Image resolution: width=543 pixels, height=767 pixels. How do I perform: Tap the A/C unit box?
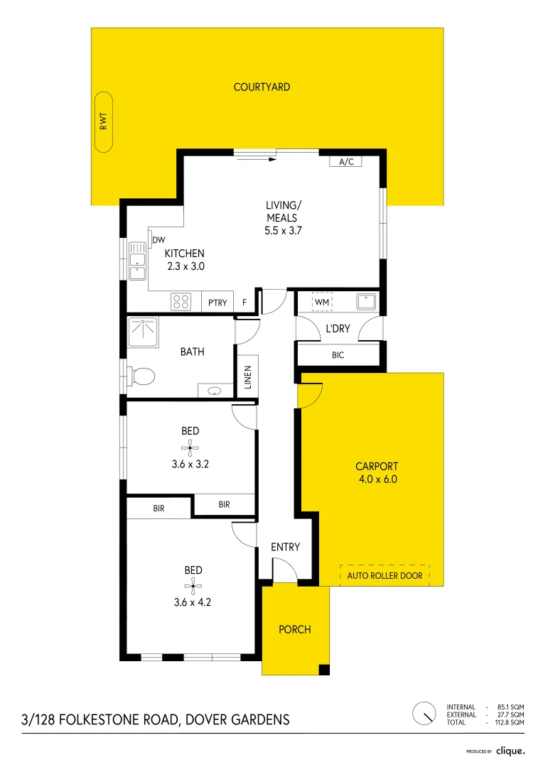[x=346, y=162]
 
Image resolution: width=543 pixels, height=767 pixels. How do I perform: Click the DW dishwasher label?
[x=158, y=240]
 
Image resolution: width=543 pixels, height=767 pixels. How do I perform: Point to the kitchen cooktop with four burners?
[x=181, y=302]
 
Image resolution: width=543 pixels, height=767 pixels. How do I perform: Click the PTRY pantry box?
[x=217, y=303]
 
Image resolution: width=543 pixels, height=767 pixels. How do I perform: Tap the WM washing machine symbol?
[x=323, y=303]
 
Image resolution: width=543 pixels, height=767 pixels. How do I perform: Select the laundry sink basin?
[x=366, y=302]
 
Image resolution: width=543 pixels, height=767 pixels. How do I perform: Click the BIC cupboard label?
[x=338, y=354]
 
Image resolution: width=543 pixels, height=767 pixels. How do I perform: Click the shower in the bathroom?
[x=144, y=331]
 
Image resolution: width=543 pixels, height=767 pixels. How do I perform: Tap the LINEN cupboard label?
[x=247, y=378]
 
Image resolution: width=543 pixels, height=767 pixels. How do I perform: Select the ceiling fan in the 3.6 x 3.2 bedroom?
[x=190, y=447]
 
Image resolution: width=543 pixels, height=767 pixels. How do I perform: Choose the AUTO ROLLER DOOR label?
[x=385, y=575]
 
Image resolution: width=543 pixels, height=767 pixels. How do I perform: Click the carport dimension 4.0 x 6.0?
[x=377, y=479]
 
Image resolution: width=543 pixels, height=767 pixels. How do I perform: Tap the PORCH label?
[x=294, y=629]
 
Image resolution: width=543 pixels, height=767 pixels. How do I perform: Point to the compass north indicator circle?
[x=424, y=713]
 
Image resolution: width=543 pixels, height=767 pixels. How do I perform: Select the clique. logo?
[x=510, y=750]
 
